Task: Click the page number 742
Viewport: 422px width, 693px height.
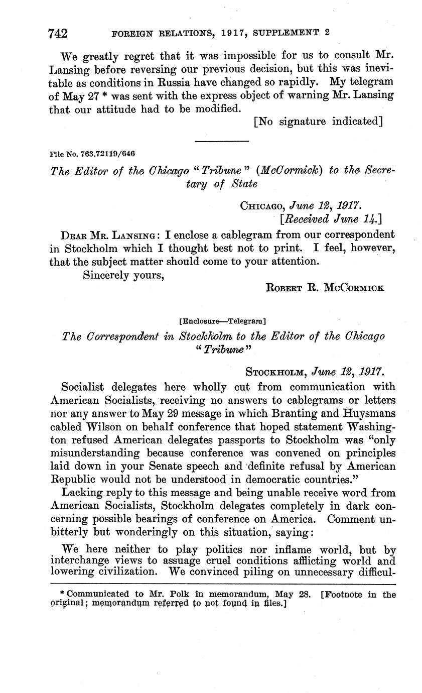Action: (x=58, y=34)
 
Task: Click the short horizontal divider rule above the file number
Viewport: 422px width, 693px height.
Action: (x=221, y=141)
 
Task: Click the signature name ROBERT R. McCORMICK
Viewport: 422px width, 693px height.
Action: (x=324, y=288)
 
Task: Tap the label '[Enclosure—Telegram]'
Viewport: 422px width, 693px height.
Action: (x=222, y=320)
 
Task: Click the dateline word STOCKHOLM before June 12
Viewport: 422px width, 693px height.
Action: (x=276, y=372)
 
